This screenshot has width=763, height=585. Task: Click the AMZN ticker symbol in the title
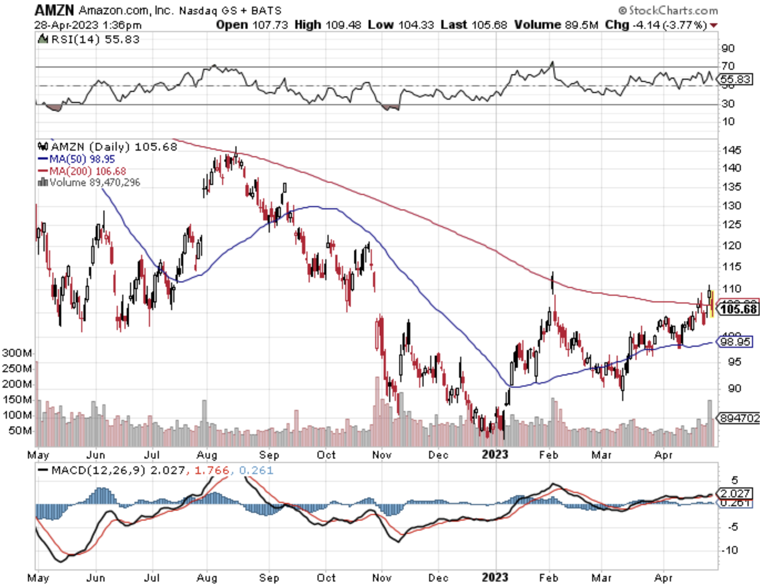(54, 10)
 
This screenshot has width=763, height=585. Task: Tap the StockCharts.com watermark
(668, 10)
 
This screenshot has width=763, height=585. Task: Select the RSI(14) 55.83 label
(95, 39)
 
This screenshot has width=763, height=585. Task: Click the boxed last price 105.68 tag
(739, 309)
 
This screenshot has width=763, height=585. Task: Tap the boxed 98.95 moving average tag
(735, 342)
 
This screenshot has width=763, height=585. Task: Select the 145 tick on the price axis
(732, 150)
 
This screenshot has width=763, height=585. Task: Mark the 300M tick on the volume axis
(17, 353)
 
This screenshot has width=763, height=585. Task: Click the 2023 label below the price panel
(495, 454)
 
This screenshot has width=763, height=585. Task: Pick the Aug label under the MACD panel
(207, 578)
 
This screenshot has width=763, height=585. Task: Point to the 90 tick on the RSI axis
(728, 48)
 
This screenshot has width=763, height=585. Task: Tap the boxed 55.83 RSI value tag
(736, 79)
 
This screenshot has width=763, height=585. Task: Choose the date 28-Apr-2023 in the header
(66, 25)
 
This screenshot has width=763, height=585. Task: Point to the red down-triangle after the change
(714, 25)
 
